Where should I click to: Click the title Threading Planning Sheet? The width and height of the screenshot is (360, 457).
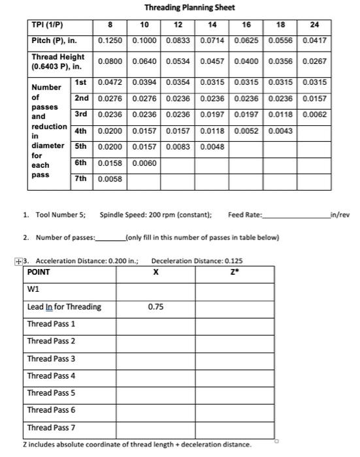coord(189,8)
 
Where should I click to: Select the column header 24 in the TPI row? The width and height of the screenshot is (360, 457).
coord(314,25)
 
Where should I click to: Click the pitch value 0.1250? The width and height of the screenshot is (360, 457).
coord(112,40)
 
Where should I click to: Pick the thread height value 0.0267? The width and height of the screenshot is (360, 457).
coord(314,62)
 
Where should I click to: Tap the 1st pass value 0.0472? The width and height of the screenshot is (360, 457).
coord(112,83)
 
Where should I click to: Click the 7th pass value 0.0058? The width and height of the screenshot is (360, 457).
coord(112,178)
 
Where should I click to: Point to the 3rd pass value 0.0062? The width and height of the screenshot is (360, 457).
coord(314,115)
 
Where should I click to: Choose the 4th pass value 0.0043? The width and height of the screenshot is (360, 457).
coord(282,131)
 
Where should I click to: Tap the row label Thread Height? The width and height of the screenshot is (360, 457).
coord(58,62)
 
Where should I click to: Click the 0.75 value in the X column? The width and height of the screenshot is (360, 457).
coord(155,306)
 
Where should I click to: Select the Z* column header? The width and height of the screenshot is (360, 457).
coord(233,272)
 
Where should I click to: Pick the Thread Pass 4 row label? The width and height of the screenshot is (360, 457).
coord(51,375)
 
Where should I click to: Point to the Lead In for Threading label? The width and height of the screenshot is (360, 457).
coord(64,306)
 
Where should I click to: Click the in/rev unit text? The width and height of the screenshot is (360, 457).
coord(341,215)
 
